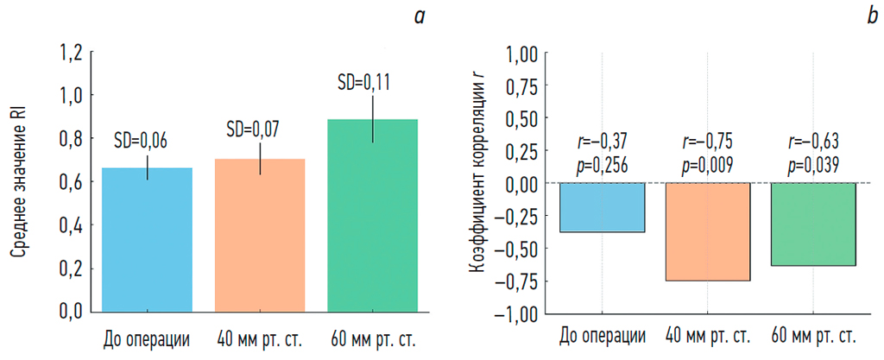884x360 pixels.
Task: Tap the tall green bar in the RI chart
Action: [373, 215]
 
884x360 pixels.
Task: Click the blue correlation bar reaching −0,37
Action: [602, 207]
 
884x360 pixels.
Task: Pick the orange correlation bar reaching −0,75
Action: [707, 231]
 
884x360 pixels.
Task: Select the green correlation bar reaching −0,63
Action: [813, 224]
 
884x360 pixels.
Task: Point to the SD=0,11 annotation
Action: [363, 83]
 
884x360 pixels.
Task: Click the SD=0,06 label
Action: [141, 140]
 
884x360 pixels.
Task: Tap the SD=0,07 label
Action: [252, 129]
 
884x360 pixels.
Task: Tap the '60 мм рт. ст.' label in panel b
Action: [813, 336]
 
